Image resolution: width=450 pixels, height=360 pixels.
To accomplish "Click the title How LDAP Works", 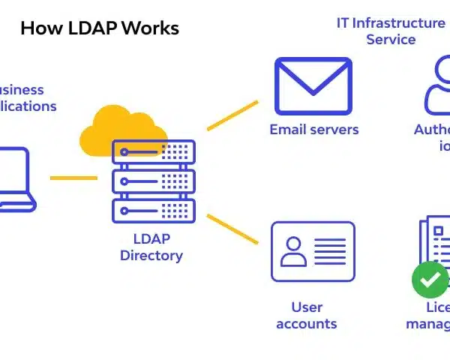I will [99, 28].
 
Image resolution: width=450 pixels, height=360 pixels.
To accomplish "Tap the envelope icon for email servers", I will [313, 85].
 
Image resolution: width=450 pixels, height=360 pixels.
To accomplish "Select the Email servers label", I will [313, 130].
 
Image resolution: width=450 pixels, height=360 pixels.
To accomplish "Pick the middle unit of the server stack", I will [153, 181].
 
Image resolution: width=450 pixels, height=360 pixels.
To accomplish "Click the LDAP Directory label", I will [151, 247].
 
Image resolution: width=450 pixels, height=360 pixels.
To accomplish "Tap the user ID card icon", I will [313, 250].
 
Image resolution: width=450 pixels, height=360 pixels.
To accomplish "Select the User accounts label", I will [306, 315].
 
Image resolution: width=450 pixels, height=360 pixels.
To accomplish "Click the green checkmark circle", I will [430, 280].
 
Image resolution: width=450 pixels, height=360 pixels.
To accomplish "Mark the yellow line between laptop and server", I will [73, 178].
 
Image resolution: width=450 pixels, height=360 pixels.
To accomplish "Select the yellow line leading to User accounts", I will [232, 229].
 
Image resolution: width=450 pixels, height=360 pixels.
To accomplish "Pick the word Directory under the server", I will [151, 255].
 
